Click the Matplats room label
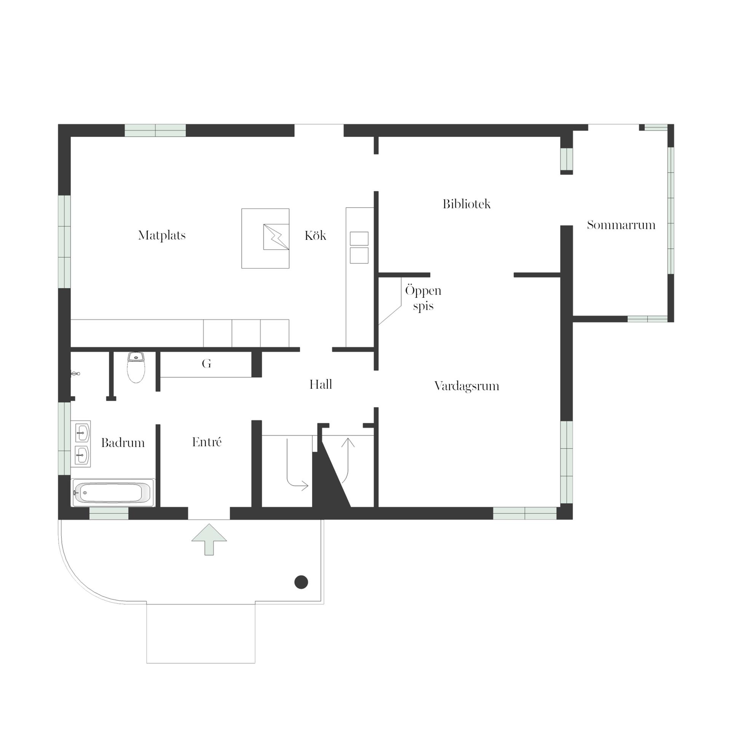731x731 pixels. (162, 236)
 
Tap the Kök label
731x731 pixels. (315, 235)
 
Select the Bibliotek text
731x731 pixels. (466, 204)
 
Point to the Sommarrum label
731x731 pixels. (621, 225)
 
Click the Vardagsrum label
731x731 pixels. (466, 386)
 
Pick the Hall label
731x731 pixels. (321, 385)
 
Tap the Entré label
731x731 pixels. (207, 442)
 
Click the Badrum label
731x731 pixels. (123, 443)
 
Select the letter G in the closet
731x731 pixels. (206, 364)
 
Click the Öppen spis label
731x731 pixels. (423, 298)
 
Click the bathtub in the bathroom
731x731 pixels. (112, 493)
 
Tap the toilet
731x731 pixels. (136, 367)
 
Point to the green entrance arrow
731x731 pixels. (209, 539)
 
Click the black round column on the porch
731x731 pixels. (301, 582)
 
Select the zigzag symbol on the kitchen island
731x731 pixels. (276, 237)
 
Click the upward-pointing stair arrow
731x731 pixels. (348, 460)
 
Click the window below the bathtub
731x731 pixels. (109, 513)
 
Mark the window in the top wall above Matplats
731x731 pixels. (155, 130)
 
